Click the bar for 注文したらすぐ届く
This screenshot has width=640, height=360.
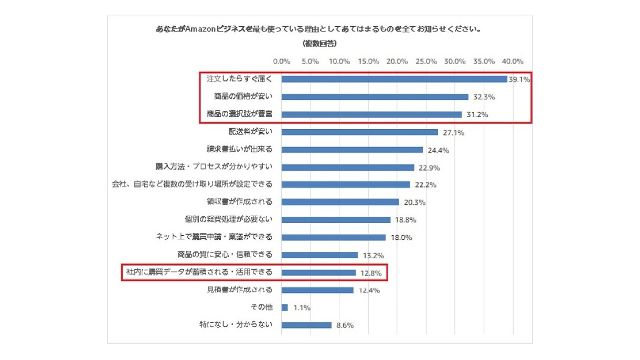tap(394, 79)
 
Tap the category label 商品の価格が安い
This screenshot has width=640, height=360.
tap(243, 97)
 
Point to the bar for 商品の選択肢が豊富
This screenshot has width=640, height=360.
tap(371, 114)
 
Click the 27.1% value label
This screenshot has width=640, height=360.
tap(453, 133)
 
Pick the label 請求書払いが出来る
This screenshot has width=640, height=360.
tap(239, 150)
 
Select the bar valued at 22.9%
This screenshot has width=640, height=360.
tap(348, 167)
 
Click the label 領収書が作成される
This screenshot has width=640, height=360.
tap(239, 202)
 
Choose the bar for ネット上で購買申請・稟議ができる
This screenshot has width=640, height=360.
tap(334, 237)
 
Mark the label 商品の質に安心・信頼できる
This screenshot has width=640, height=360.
tap(225, 255)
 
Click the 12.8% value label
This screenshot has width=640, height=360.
tap(371, 273)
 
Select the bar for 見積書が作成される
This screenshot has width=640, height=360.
tap(317, 290)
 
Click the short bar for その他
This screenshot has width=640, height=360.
tap(285, 308)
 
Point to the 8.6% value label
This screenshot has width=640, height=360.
tap(344, 325)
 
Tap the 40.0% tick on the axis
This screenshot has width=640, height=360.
tap(512, 61)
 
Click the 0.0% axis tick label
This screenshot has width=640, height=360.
tap(282, 61)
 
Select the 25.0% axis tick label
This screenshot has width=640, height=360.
tap(425, 61)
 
